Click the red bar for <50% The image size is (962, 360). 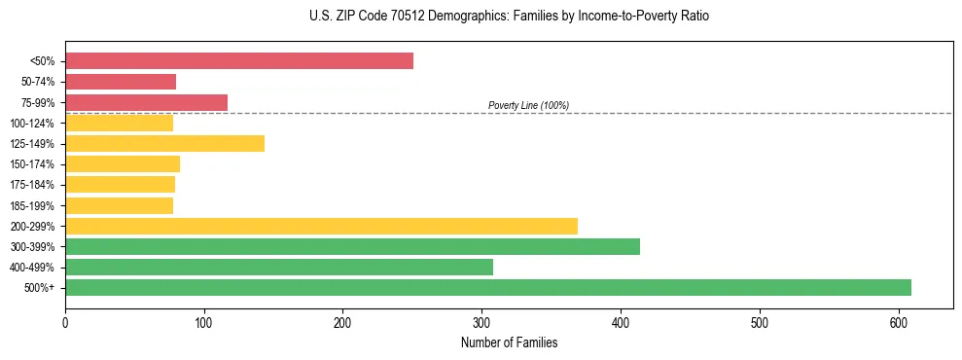[x=239, y=61]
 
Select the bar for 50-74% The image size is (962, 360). [x=121, y=82]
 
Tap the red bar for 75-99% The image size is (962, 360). [x=146, y=102]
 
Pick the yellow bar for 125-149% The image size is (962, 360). [x=164, y=144]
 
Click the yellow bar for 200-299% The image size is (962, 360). [x=321, y=226]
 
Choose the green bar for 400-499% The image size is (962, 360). [x=279, y=268]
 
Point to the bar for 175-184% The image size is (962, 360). [x=120, y=185]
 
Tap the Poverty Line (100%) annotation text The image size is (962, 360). [x=528, y=106]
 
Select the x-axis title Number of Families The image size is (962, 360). [x=509, y=342]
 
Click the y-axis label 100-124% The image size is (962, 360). [x=33, y=124]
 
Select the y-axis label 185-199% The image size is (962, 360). [x=33, y=206]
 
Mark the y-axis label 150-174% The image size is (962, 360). [x=33, y=164]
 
